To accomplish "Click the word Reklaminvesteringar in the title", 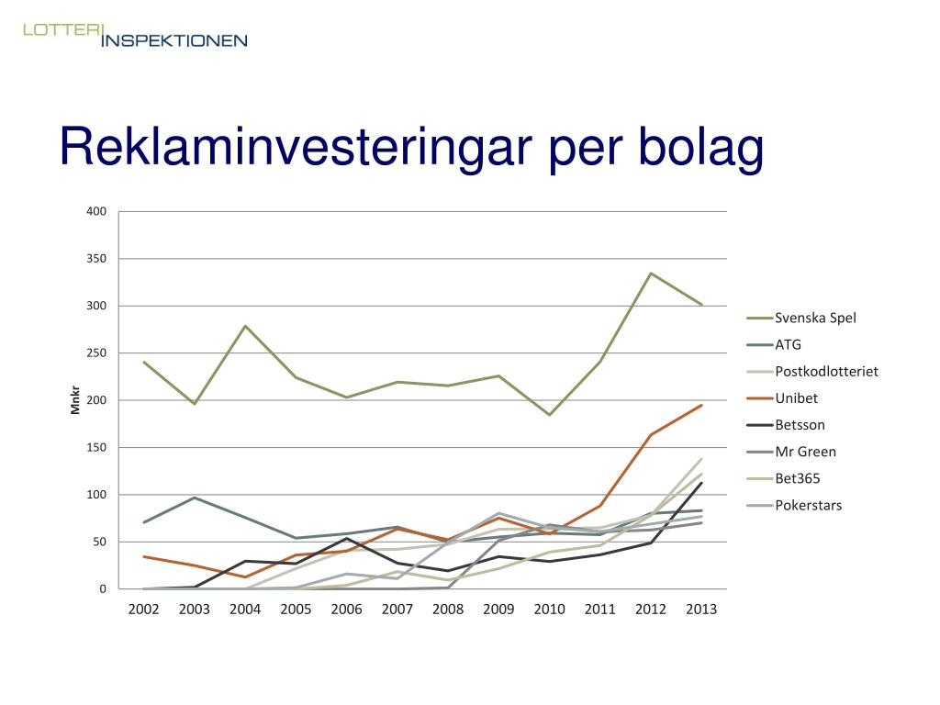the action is [x=296, y=147].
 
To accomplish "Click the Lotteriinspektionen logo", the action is [x=135, y=35].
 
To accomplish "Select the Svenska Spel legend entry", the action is [x=801, y=318].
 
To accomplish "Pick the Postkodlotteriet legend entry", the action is [x=812, y=371].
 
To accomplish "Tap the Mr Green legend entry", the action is [x=791, y=452].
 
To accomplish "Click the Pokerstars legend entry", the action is [x=794, y=506].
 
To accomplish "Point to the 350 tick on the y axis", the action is [x=95, y=258].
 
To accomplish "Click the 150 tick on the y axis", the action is [x=95, y=447].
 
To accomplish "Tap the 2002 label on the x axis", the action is [x=144, y=610].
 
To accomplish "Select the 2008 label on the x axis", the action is [x=448, y=610].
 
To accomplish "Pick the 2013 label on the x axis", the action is [x=701, y=610].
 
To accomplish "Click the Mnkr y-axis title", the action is [x=75, y=400].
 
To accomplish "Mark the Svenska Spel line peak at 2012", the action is [x=651, y=274].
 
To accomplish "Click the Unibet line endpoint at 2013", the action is [x=701, y=405].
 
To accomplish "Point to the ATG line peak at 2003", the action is [x=195, y=498].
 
